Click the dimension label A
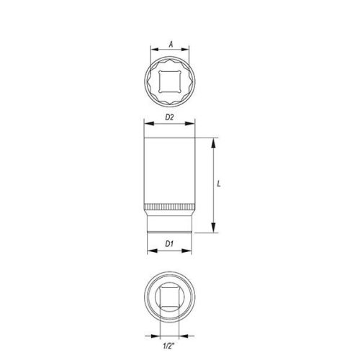click(x=171, y=43)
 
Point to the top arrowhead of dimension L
click(x=214, y=140)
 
